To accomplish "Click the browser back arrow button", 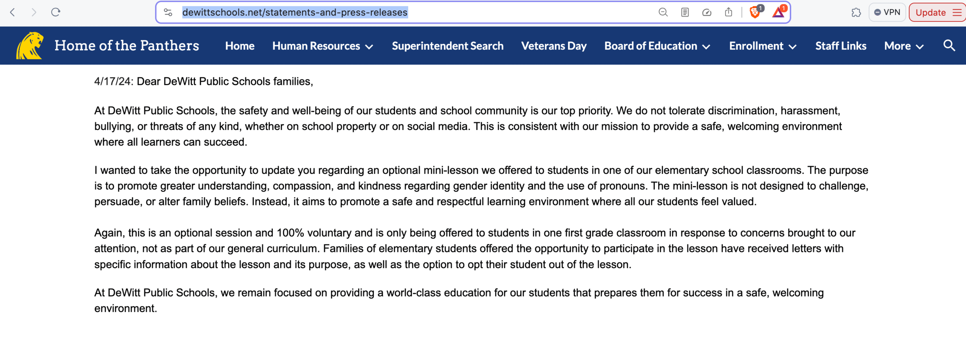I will (x=13, y=12).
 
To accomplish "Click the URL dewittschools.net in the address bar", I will (x=295, y=12).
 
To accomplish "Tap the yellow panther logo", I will (x=29, y=46).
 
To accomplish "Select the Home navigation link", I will (x=239, y=46).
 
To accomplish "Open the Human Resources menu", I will (x=322, y=46).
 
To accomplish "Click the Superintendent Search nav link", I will (x=448, y=46).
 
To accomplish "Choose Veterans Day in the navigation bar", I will (x=553, y=46).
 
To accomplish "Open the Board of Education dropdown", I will (x=657, y=46).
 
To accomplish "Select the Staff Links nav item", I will (x=840, y=46).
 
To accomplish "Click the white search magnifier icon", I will (x=949, y=46).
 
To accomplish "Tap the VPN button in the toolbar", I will (x=887, y=12).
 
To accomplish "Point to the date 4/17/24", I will (x=112, y=82).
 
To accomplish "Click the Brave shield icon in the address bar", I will (x=755, y=12).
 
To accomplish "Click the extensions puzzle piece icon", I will (x=856, y=12).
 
